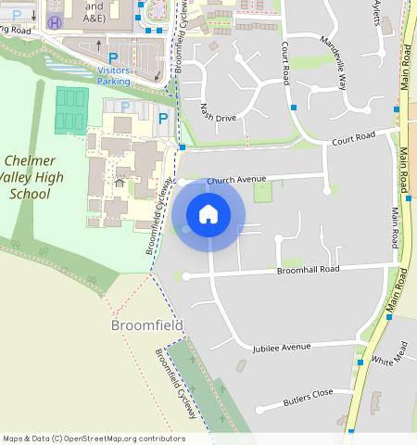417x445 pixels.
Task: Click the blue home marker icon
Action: (208, 214)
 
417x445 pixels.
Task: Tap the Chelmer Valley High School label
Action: (30, 177)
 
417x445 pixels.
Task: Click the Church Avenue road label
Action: (236, 180)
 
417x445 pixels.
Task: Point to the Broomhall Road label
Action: (309, 270)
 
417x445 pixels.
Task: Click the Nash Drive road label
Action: (218, 116)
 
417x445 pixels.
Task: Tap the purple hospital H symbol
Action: (55, 22)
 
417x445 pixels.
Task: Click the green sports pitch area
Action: (68, 110)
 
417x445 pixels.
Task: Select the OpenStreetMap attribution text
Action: (93, 439)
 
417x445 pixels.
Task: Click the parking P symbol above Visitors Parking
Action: (113, 57)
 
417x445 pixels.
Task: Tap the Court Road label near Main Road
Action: (353, 138)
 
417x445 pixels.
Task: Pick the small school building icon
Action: (119, 183)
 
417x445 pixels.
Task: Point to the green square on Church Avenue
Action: (263, 193)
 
